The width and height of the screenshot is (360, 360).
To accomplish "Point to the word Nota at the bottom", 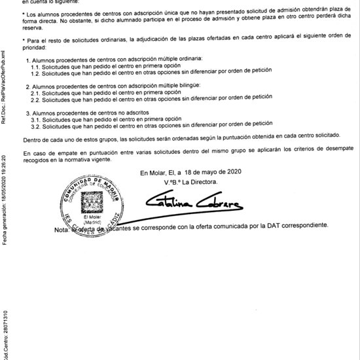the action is tap(61, 230).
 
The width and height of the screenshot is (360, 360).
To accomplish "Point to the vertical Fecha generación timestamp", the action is tap(4, 199).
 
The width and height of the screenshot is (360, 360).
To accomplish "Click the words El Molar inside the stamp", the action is tap(90, 217).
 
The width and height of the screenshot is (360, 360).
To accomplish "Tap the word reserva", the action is tap(33, 29).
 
